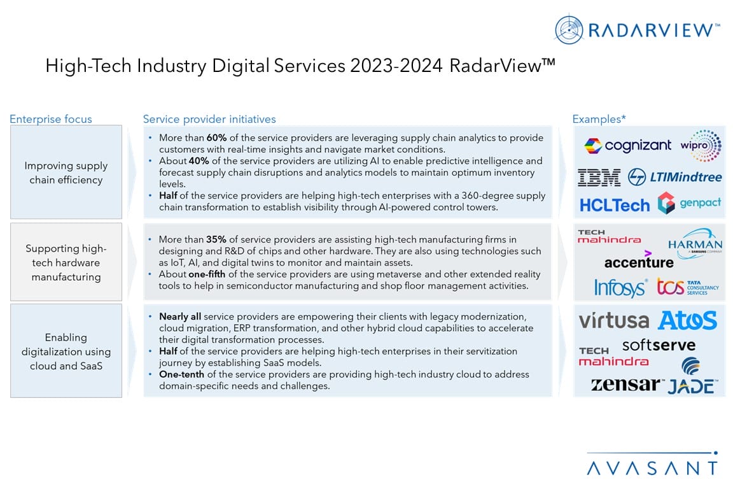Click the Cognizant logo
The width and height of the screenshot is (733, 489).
coord(627,146)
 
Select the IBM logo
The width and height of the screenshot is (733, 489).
coord(599,177)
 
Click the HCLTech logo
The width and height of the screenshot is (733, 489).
coord(615,205)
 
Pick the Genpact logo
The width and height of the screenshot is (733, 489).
coord(690,203)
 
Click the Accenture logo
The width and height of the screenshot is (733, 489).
coord(639,261)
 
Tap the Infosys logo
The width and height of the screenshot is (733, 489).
coord(620,288)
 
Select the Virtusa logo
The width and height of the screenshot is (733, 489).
coord(613,320)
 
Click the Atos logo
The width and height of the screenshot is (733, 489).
coord(687,320)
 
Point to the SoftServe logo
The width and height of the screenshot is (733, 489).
coord(659,346)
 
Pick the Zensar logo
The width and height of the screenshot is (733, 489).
coord(627,385)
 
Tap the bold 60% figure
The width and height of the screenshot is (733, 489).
coord(217,138)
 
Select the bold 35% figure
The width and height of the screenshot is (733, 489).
coord(216,239)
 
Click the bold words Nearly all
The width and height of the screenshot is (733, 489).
coord(180,316)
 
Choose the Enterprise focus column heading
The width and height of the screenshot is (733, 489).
coord(50,119)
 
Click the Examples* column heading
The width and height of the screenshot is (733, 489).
coord(599,119)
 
